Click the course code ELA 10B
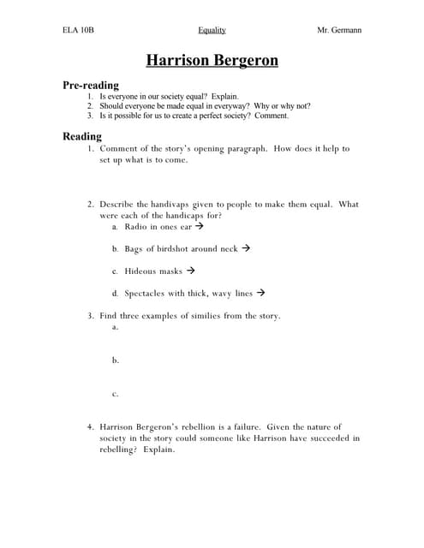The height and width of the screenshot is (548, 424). [78, 30]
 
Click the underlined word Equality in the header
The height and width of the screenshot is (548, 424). [212, 30]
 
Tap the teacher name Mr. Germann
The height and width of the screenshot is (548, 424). [339, 30]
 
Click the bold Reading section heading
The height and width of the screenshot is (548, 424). [82, 136]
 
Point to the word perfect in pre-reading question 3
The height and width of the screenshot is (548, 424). [218, 116]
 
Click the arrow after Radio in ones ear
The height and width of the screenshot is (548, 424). [200, 227]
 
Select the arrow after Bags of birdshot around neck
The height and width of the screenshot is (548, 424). [245, 248]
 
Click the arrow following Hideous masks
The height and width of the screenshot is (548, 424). [190, 271]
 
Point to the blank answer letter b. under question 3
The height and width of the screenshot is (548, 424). [115, 360]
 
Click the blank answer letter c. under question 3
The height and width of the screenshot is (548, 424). [115, 394]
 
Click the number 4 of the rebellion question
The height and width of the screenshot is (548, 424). [90, 426]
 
